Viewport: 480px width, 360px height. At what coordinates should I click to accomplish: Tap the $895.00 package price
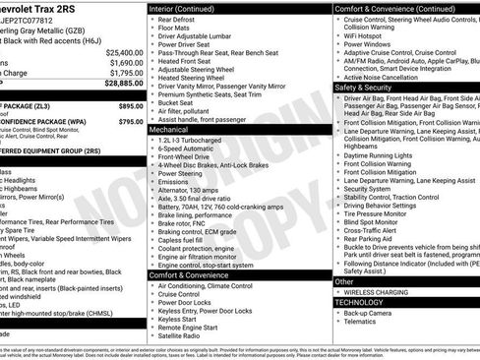click(x=130, y=104)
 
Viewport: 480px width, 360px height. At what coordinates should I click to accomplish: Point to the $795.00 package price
click(x=130, y=121)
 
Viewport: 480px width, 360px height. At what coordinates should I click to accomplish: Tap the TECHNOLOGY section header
click(x=360, y=302)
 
